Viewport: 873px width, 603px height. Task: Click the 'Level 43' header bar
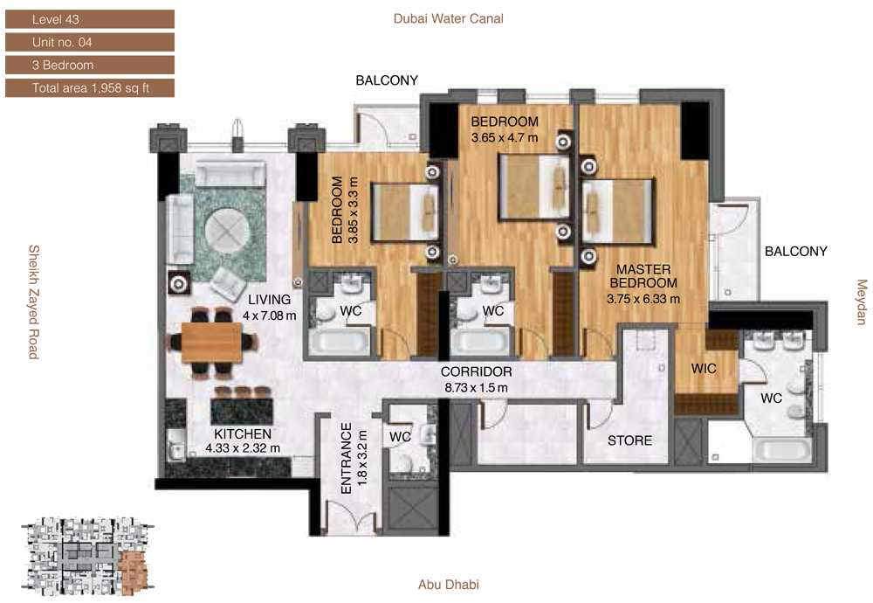coord(90,19)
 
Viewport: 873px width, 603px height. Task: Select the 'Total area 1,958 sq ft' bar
coord(90,87)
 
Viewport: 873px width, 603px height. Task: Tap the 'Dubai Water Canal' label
coord(448,18)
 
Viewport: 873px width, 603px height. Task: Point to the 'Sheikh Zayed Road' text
coord(34,301)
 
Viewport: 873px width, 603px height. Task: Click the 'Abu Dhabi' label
coord(448,584)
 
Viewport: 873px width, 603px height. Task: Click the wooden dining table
coord(211,343)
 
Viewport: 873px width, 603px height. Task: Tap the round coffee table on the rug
coord(227,231)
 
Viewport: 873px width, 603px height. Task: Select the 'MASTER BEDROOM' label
coord(643,276)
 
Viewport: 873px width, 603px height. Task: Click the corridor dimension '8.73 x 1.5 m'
coord(476,387)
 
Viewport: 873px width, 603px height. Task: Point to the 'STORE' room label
coord(629,440)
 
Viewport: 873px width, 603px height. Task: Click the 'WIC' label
coord(704,369)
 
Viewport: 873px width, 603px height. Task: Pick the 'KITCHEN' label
coord(243,433)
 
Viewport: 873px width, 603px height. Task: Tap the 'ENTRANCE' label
coord(347,458)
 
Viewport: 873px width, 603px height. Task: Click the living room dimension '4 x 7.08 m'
coord(270,315)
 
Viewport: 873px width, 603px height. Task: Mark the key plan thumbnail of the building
coord(87,557)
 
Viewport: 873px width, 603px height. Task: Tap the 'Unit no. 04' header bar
coord(90,42)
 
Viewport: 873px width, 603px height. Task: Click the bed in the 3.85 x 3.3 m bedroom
coord(405,212)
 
